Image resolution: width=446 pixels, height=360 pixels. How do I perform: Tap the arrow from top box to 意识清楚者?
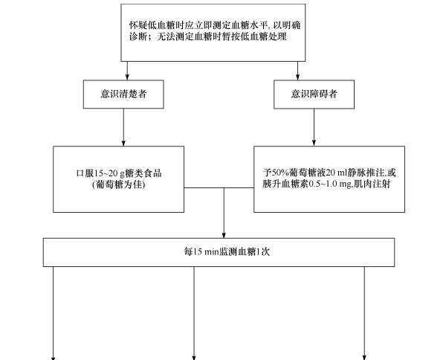[x=128, y=70]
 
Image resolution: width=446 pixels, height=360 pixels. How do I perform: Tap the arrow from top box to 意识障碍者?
[x=299, y=70]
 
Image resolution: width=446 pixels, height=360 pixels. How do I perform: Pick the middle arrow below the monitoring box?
[x=195, y=312]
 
